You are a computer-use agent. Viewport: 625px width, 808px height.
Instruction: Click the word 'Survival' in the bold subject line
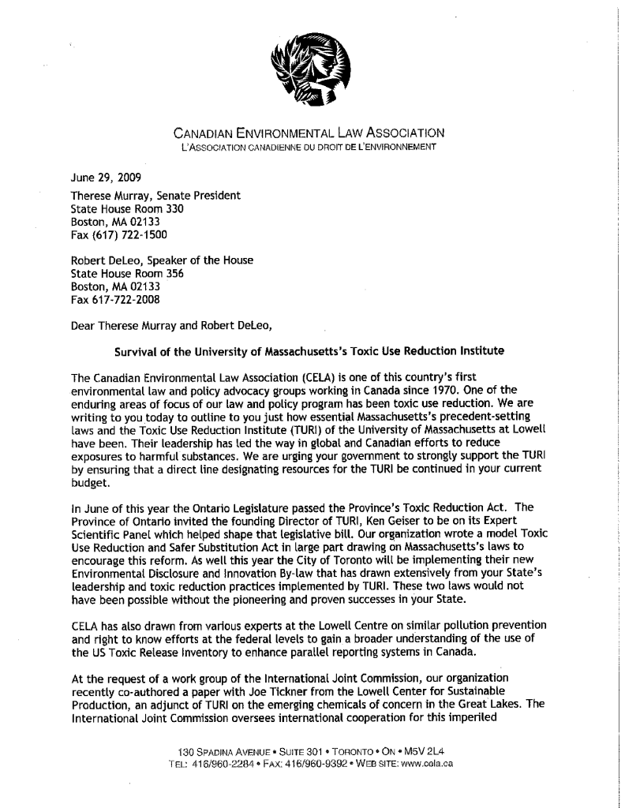pos(138,350)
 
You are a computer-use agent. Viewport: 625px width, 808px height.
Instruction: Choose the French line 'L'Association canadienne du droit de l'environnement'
pos(308,146)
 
